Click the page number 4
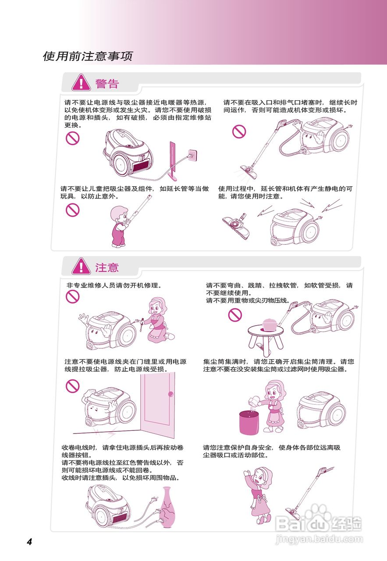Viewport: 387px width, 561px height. [x=29, y=542]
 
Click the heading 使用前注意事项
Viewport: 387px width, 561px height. [x=87, y=57]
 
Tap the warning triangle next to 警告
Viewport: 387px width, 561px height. [x=82, y=83]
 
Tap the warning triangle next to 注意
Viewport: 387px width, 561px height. [x=82, y=266]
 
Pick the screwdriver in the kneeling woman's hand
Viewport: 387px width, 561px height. [x=141, y=327]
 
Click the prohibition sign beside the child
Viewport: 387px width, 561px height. [x=72, y=210]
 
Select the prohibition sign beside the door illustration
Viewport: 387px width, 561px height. [x=72, y=386]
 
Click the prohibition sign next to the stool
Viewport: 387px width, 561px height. [x=235, y=314]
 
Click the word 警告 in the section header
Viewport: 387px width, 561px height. [x=107, y=83]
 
